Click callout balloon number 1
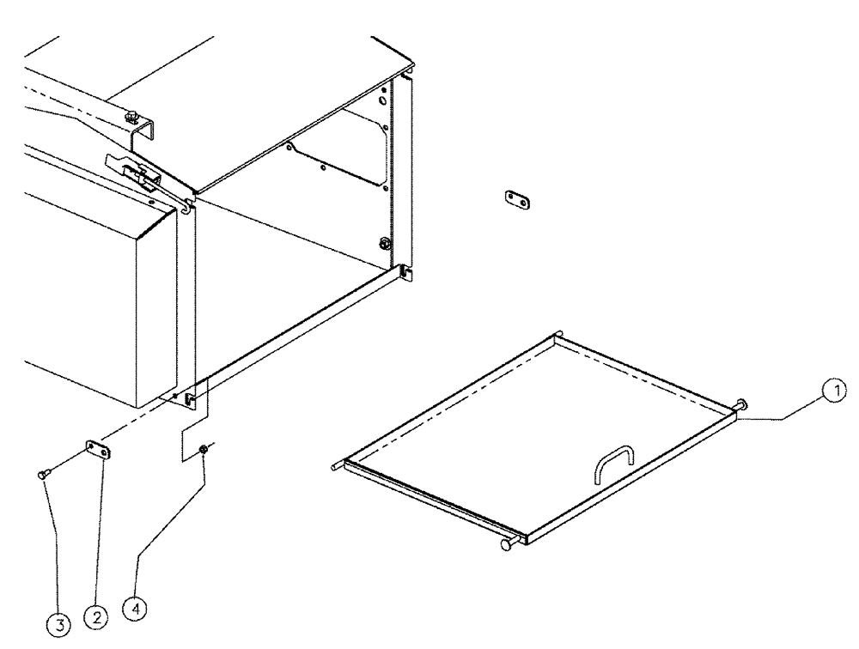click(x=831, y=391)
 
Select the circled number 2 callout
click(x=95, y=616)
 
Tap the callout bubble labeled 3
click(x=58, y=626)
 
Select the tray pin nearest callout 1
click(x=740, y=405)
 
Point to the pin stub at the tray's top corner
click(x=558, y=335)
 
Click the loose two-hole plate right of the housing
click(x=517, y=200)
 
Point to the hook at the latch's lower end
click(x=186, y=203)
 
